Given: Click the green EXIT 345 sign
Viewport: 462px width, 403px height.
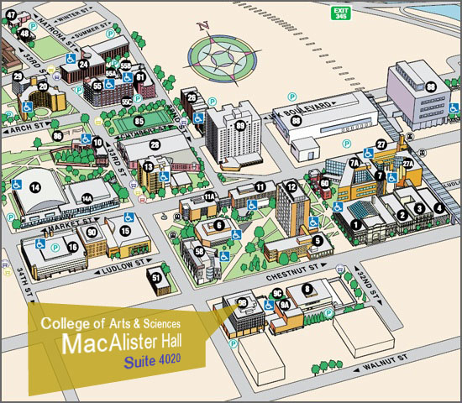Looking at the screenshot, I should tap(339, 12).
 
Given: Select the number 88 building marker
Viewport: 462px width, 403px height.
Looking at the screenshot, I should tap(431, 86).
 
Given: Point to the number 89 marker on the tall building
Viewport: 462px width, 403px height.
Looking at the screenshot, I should tap(241, 127).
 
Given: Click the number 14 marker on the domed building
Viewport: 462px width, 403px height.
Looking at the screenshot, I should tap(35, 187).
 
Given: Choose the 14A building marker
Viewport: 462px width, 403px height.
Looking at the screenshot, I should tap(87, 198).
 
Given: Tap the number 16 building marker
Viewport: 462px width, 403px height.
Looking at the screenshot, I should tap(73, 247).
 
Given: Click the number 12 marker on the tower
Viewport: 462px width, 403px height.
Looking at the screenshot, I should tap(291, 186).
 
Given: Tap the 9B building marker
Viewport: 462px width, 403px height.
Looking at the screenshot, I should tap(242, 302).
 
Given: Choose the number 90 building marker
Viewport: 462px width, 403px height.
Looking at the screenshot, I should tap(92, 231).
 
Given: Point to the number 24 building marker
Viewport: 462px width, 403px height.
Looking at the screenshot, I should tap(83, 64).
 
